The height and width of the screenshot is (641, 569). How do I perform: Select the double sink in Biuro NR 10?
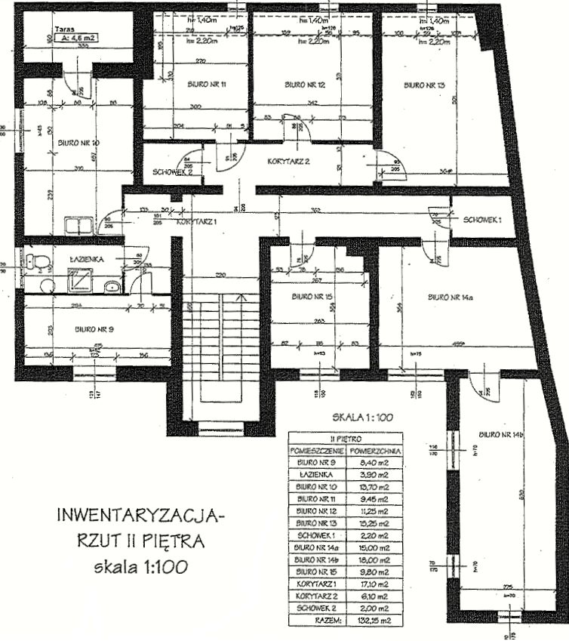click(78, 225)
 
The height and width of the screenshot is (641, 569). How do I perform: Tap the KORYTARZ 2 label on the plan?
click(290, 162)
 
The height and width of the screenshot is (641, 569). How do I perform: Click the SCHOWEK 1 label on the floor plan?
click(483, 219)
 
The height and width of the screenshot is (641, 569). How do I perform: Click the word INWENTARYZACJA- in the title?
click(141, 518)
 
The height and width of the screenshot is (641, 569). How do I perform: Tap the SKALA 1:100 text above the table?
click(361, 417)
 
